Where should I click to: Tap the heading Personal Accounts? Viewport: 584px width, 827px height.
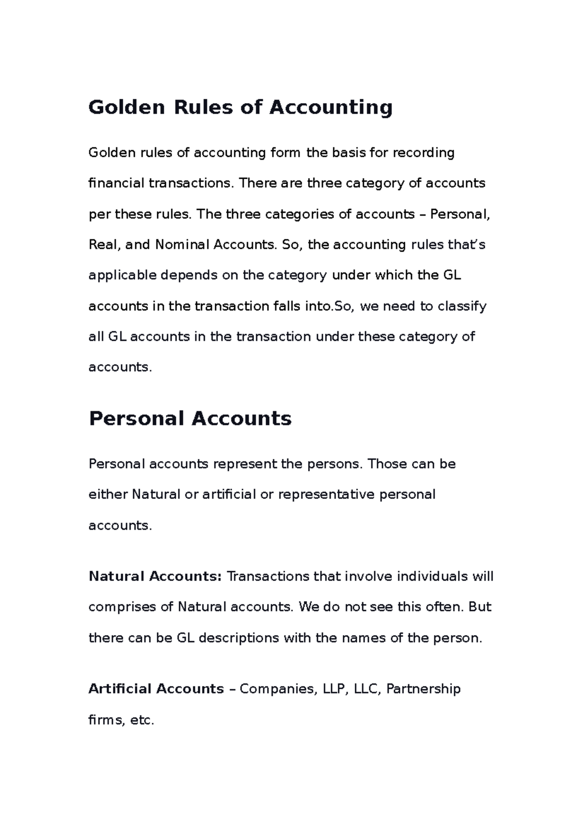click(190, 419)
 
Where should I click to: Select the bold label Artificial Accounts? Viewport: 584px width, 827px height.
click(156, 689)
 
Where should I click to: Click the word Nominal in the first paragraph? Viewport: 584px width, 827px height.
click(182, 244)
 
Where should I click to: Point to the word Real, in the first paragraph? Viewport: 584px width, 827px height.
click(104, 244)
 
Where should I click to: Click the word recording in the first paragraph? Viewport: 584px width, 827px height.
click(423, 153)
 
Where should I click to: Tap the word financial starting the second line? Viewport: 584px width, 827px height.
click(116, 184)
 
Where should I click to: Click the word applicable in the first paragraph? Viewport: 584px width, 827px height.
click(122, 276)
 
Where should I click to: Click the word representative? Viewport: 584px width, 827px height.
click(326, 495)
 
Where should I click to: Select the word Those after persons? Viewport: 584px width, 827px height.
click(387, 464)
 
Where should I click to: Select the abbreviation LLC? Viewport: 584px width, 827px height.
click(367, 689)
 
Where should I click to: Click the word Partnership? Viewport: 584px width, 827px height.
click(423, 689)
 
